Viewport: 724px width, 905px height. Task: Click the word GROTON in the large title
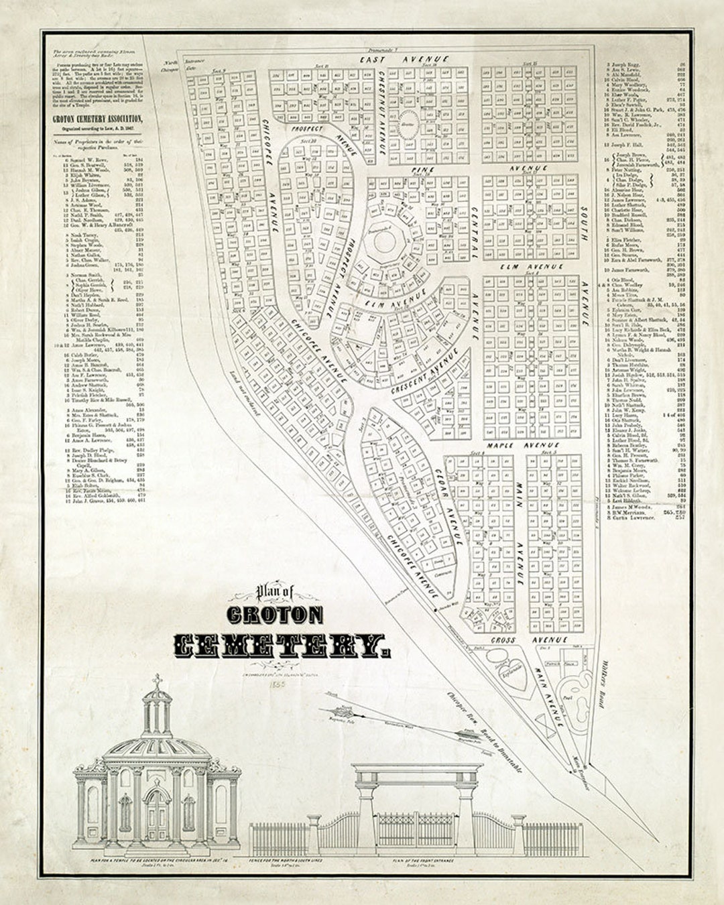(275, 615)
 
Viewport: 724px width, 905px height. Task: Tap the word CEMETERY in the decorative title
(282, 646)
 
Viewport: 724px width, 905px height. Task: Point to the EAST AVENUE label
(404, 60)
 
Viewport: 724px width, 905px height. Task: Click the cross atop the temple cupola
(157, 682)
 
